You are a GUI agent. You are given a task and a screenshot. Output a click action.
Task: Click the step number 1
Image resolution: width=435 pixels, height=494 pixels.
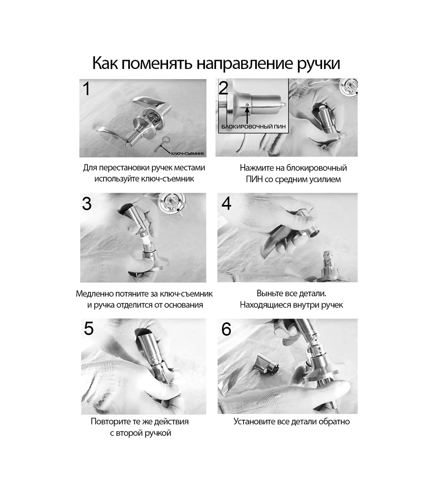(86, 89)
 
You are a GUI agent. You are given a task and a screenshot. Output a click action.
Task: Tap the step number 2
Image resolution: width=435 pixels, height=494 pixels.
(223, 88)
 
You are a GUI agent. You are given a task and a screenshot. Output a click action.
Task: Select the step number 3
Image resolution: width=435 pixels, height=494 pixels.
(87, 203)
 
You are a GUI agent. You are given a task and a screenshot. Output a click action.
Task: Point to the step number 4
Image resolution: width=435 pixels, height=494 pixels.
(226, 203)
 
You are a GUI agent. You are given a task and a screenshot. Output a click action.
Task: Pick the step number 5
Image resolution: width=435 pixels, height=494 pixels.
(89, 328)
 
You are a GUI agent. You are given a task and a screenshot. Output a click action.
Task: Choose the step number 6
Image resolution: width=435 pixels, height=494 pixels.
(226, 329)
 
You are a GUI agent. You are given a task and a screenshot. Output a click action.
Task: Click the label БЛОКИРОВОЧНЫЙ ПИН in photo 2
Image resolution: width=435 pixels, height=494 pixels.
(254, 127)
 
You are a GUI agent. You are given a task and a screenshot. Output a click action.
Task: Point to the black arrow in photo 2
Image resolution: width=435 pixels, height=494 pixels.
(247, 115)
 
